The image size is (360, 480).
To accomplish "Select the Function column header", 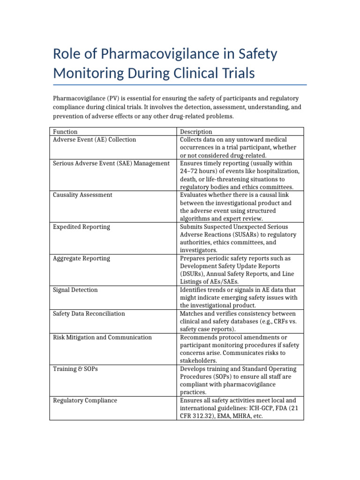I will coord(65,132).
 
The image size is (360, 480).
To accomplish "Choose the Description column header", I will coord(196,132).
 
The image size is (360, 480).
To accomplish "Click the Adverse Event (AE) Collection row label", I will coord(94,140).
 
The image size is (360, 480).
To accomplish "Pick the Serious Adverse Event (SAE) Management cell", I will coord(111,163).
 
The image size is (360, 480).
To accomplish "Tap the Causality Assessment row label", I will coord(82,195).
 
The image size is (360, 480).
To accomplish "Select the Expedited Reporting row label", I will coord(82,227).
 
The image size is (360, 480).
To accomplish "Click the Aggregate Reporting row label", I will coord(82,258).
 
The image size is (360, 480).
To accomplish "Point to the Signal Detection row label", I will coord(75,290).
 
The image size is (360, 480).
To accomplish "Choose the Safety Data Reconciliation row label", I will coord(89,314).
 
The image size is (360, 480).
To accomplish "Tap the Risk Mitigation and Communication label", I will coord(102,337).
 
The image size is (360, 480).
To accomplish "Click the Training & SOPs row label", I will coord(75,369).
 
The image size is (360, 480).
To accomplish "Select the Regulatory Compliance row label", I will coord(85,400).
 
